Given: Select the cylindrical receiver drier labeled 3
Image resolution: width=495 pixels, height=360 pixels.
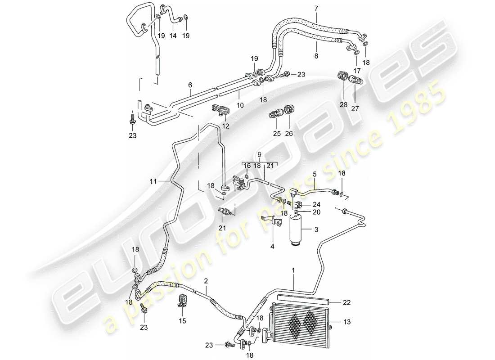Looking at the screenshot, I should [296, 229].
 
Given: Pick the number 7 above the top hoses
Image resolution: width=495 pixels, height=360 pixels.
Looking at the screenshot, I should [316, 8].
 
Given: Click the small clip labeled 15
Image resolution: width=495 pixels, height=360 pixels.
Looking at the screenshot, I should [182, 299].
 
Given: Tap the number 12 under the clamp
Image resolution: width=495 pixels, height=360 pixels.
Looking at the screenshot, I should [226, 126].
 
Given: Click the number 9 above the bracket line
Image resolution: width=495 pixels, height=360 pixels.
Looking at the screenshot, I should [259, 154].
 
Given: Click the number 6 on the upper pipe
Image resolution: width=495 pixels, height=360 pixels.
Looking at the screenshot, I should [190, 85].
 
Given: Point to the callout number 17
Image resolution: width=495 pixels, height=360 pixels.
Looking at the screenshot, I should [357, 71].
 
